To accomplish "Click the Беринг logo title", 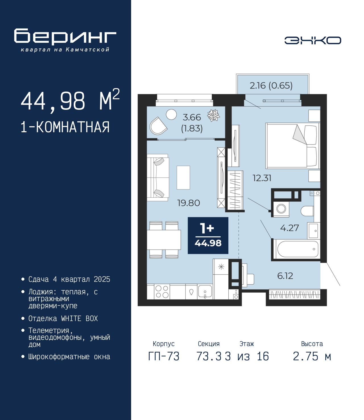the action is click(65, 37).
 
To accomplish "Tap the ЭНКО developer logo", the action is click(313, 40).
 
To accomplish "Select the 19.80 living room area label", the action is click(189, 203).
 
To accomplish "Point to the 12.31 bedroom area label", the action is click(262, 178).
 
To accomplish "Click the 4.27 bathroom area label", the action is click(289, 228).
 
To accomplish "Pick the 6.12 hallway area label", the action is click(285, 276).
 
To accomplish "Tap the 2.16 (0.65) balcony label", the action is click(271, 86).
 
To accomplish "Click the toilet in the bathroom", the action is click(307, 211).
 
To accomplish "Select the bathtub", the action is click(297, 249).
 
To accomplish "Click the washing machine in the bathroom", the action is click(281, 209).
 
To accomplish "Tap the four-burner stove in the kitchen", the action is click(162, 291).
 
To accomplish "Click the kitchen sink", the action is click(205, 291).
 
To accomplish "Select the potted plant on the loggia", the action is click(213, 115).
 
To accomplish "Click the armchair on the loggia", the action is click(158, 126).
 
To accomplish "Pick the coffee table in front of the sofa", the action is click(183, 178).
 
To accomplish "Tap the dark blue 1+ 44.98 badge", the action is click(208, 235).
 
